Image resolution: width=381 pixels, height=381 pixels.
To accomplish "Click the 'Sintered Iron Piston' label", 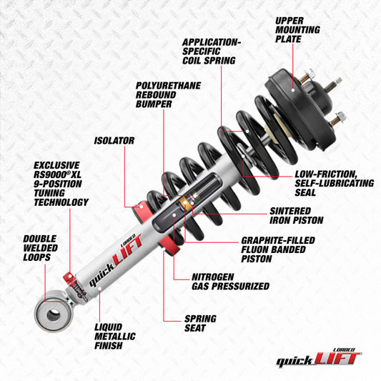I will point(299,217).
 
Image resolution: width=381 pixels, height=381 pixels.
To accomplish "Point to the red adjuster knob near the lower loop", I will point(67,278).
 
